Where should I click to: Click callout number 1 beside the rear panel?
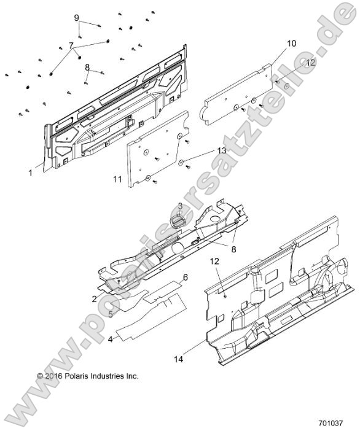(x=30, y=173)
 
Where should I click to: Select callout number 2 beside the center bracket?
(x=95, y=298)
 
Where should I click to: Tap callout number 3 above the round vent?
(x=180, y=205)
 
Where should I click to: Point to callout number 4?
(x=111, y=338)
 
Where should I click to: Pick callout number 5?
(x=111, y=314)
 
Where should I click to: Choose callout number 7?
(x=71, y=45)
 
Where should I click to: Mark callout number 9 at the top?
(x=77, y=18)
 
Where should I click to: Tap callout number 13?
(x=204, y=150)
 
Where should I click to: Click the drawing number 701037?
(x=330, y=423)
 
